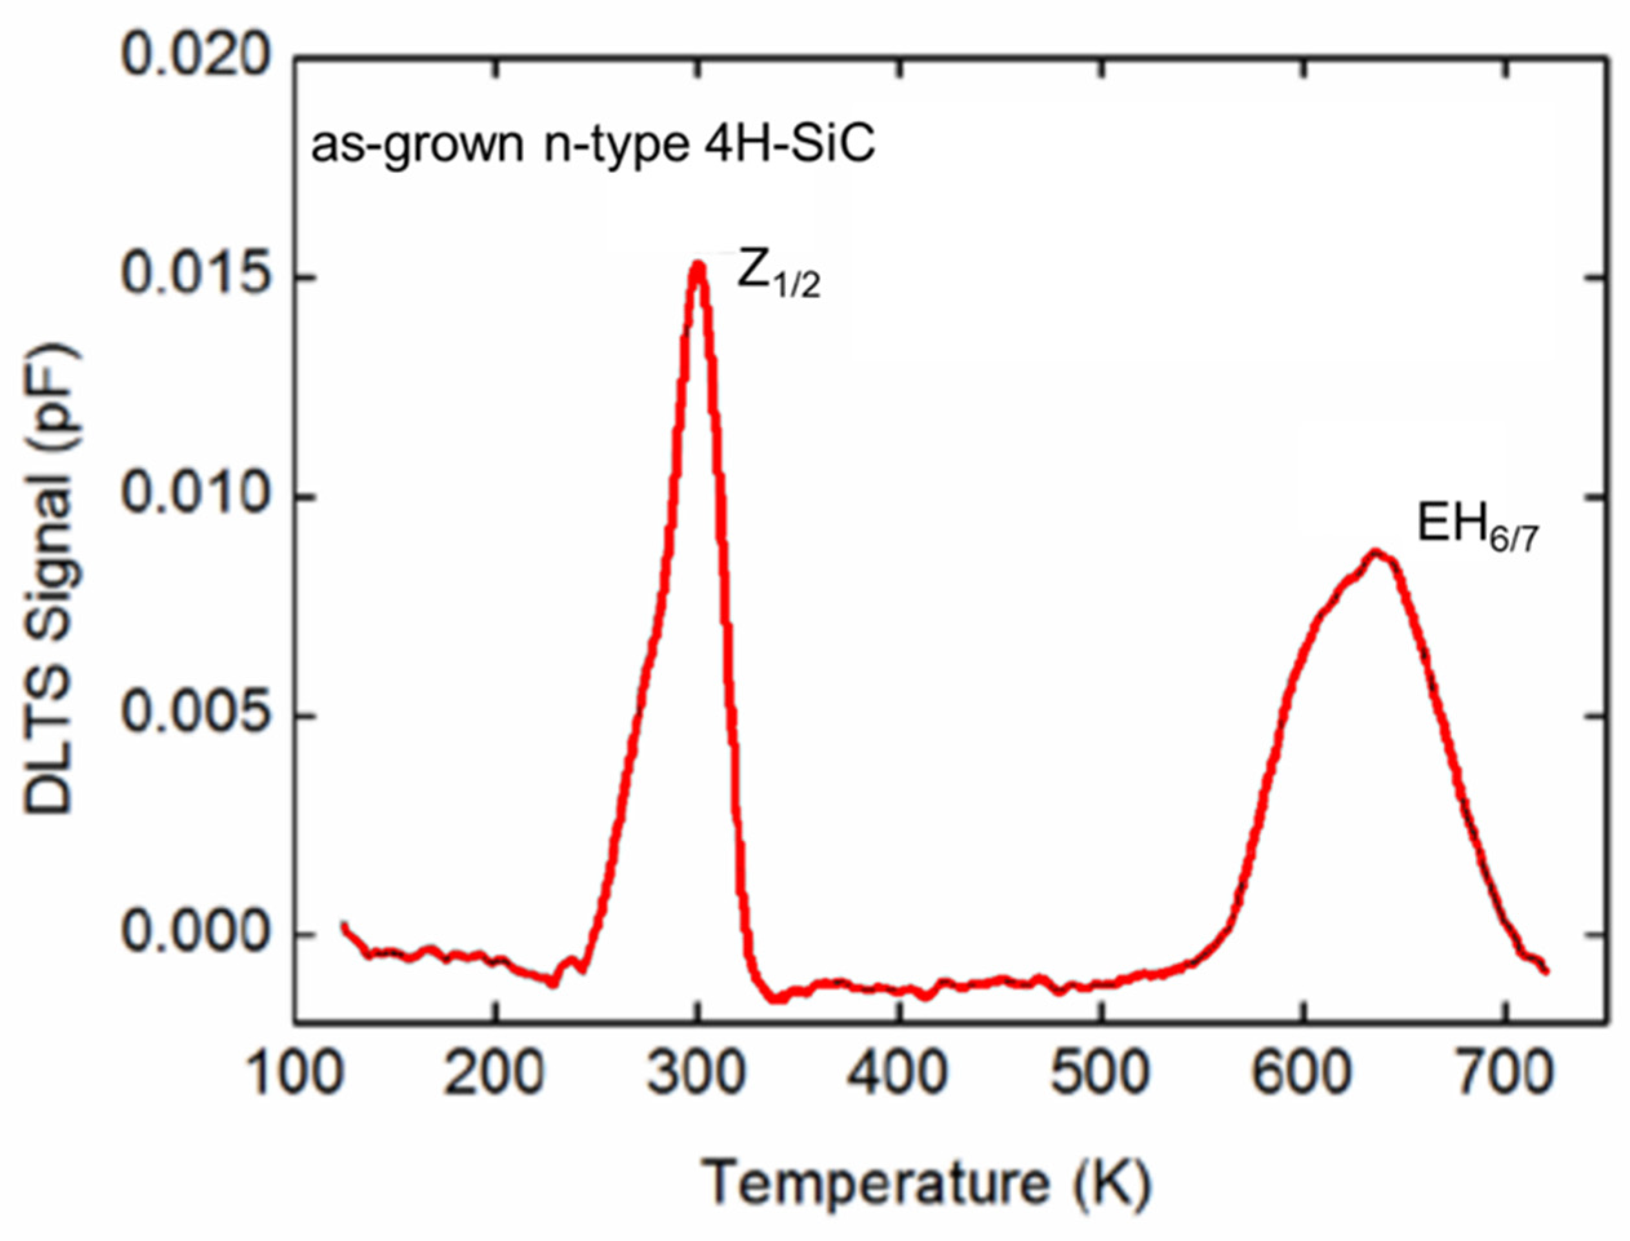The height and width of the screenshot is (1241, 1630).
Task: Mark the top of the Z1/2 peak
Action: click(698, 265)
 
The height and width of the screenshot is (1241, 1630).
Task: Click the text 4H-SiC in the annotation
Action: click(786, 145)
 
